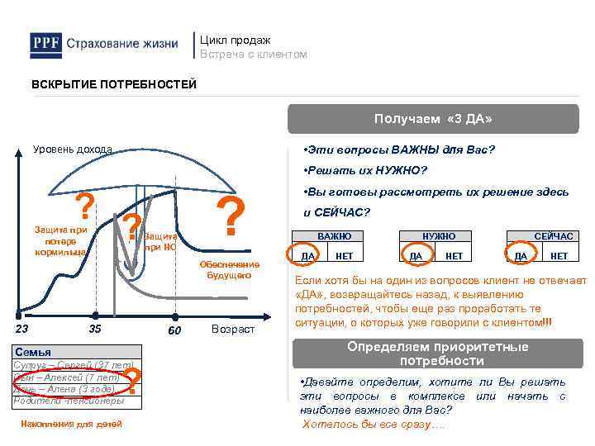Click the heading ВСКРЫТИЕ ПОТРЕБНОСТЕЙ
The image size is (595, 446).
(x=114, y=85)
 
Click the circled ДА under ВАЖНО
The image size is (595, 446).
(x=307, y=256)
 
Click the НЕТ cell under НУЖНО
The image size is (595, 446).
(x=454, y=256)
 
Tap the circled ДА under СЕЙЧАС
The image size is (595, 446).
(x=521, y=256)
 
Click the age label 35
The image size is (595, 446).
(x=95, y=330)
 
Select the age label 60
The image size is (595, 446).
(x=174, y=330)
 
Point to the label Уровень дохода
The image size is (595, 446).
(x=72, y=149)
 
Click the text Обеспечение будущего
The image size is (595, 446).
(x=229, y=269)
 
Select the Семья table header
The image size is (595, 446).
(x=34, y=352)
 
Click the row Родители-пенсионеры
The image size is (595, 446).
(x=69, y=401)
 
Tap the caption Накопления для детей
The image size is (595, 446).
(x=70, y=424)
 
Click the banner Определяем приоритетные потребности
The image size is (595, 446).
(x=437, y=353)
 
